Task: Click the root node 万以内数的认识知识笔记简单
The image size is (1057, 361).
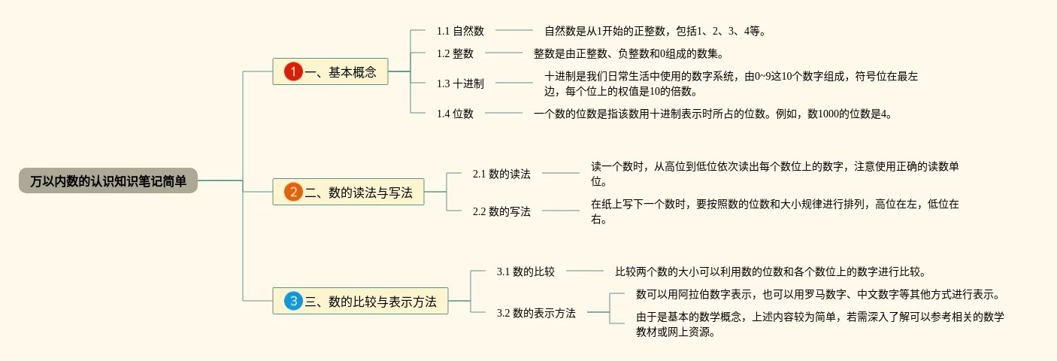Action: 108,180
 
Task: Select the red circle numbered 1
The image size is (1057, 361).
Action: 293,72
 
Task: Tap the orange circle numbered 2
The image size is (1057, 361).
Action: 293,193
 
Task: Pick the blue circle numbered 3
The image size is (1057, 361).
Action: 293,302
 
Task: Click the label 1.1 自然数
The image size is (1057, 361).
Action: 460,31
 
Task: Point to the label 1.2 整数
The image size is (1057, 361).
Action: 455,53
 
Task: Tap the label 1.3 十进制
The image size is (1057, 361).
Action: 460,83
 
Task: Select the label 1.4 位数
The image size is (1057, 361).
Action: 455,114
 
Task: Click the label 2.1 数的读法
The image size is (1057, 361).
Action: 501,174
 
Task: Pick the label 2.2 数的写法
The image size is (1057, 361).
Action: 501,211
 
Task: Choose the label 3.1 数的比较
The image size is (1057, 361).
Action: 525,272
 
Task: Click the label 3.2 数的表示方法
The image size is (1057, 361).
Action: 536,313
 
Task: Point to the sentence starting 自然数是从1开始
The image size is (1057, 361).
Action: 655,31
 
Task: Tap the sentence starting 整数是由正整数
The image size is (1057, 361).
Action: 628,53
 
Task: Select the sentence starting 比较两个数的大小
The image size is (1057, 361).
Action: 771,272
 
